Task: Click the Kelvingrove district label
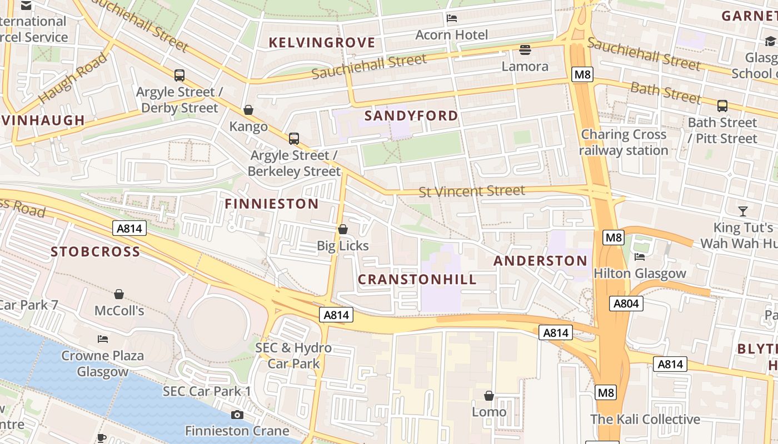322,43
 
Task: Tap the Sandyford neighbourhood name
411,115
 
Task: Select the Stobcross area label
96,251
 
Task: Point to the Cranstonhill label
417,279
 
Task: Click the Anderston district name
540,261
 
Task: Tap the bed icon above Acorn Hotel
452,18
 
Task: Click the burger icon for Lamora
525,50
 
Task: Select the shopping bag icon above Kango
248,110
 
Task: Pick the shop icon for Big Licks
343,229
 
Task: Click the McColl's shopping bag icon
119,294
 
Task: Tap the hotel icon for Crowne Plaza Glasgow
102,339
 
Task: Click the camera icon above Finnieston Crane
237,415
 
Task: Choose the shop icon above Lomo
489,396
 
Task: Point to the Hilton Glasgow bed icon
640,257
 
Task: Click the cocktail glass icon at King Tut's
742,211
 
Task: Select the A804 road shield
626,304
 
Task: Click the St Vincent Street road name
471,191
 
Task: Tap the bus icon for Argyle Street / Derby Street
179,75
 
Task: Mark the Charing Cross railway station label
624,143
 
